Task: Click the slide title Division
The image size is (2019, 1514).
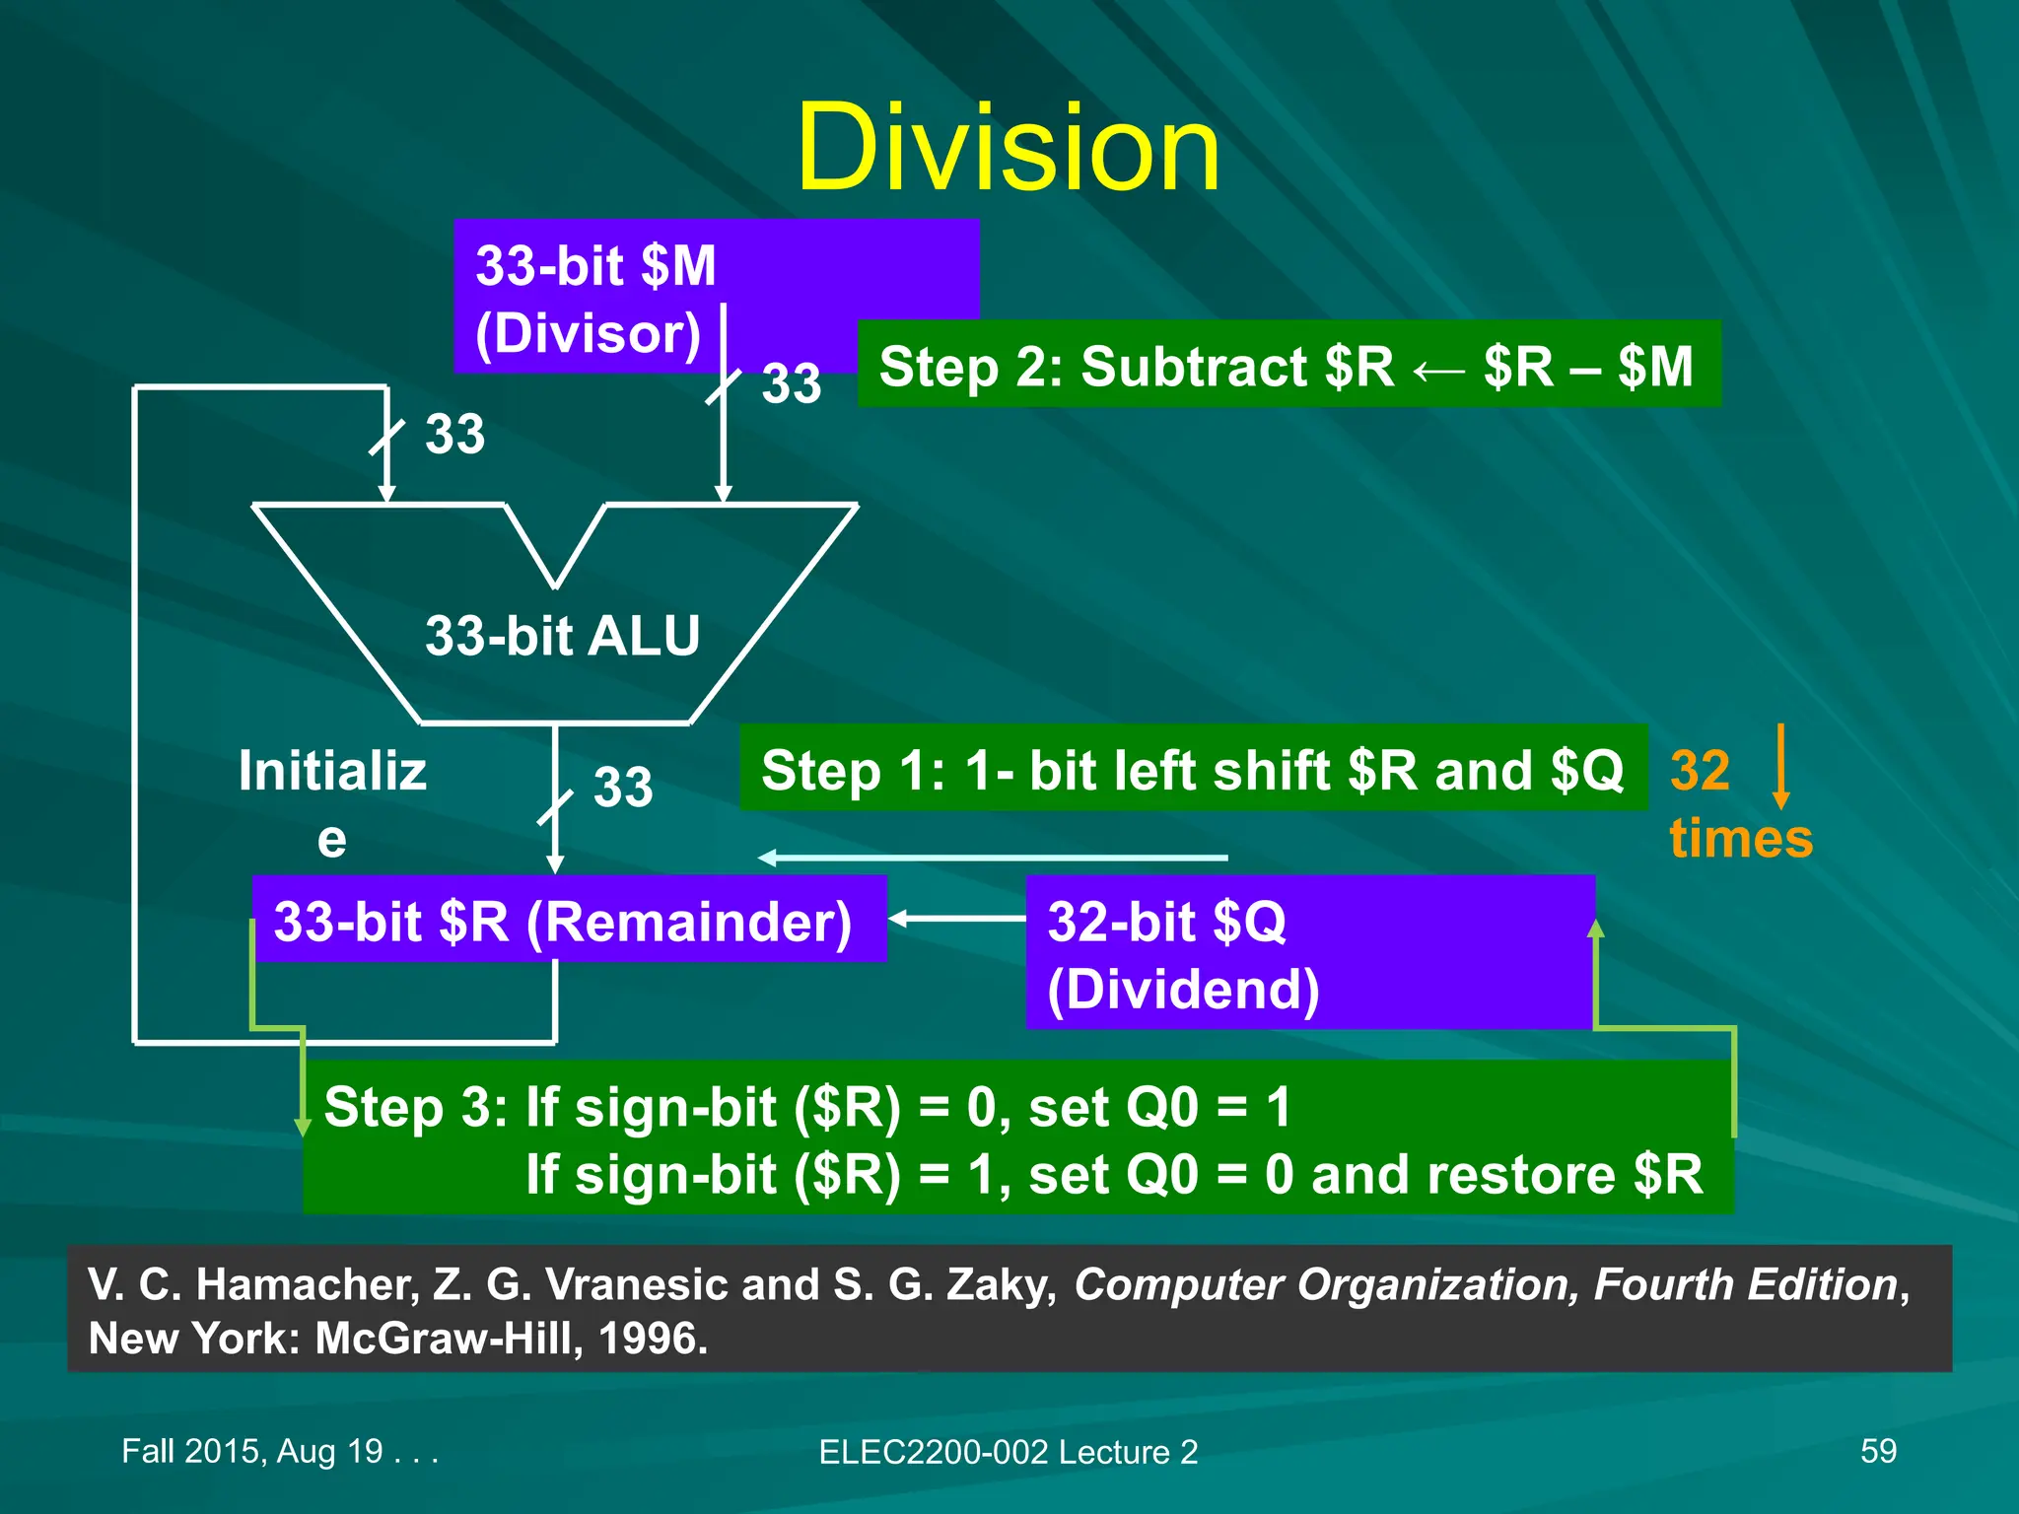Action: point(1008,150)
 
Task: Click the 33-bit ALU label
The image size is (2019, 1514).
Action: point(562,636)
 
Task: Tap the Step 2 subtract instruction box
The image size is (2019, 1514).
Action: point(1288,365)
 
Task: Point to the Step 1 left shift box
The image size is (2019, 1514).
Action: point(1193,769)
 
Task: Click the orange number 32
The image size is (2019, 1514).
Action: point(1700,771)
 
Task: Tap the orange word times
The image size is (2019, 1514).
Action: point(1741,839)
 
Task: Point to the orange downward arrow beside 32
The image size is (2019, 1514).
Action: point(1780,767)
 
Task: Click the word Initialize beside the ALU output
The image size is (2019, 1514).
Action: point(332,800)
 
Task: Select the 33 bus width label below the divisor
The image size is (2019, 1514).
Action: point(791,383)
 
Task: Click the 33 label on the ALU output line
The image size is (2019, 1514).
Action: point(623,787)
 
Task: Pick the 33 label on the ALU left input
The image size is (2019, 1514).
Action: point(454,434)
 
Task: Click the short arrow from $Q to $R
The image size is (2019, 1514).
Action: point(956,919)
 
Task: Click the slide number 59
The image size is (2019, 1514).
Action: point(1878,1451)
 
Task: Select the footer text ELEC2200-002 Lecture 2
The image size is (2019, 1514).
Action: point(1008,1452)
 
